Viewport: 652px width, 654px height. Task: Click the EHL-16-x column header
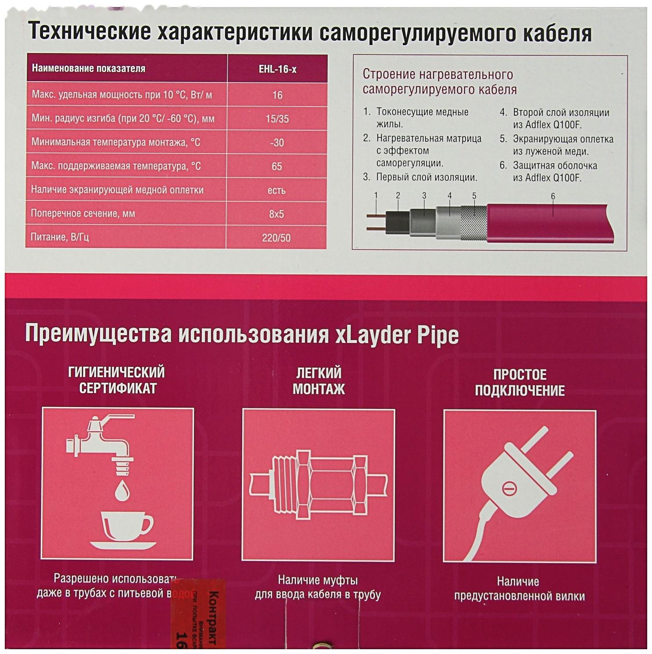tap(277, 69)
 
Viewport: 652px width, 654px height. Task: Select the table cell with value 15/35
tap(277, 119)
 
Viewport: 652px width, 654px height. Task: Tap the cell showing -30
tap(277, 143)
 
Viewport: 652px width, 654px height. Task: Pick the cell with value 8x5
tap(276, 214)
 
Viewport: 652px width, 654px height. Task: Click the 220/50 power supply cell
tap(276, 238)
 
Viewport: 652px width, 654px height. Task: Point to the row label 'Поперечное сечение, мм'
tap(83, 214)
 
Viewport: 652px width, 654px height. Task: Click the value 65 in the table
tap(276, 167)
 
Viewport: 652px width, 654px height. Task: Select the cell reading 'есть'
tap(276, 190)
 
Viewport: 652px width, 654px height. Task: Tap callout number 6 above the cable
tap(553, 197)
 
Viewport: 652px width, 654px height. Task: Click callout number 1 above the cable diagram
tap(376, 196)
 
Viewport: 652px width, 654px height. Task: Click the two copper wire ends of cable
tap(376, 222)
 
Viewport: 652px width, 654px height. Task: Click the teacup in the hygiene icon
tap(125, 526)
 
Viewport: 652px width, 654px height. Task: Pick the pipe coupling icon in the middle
tap(319, 485)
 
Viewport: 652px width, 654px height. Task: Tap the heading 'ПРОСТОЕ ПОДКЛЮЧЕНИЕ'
tap(519, 382)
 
